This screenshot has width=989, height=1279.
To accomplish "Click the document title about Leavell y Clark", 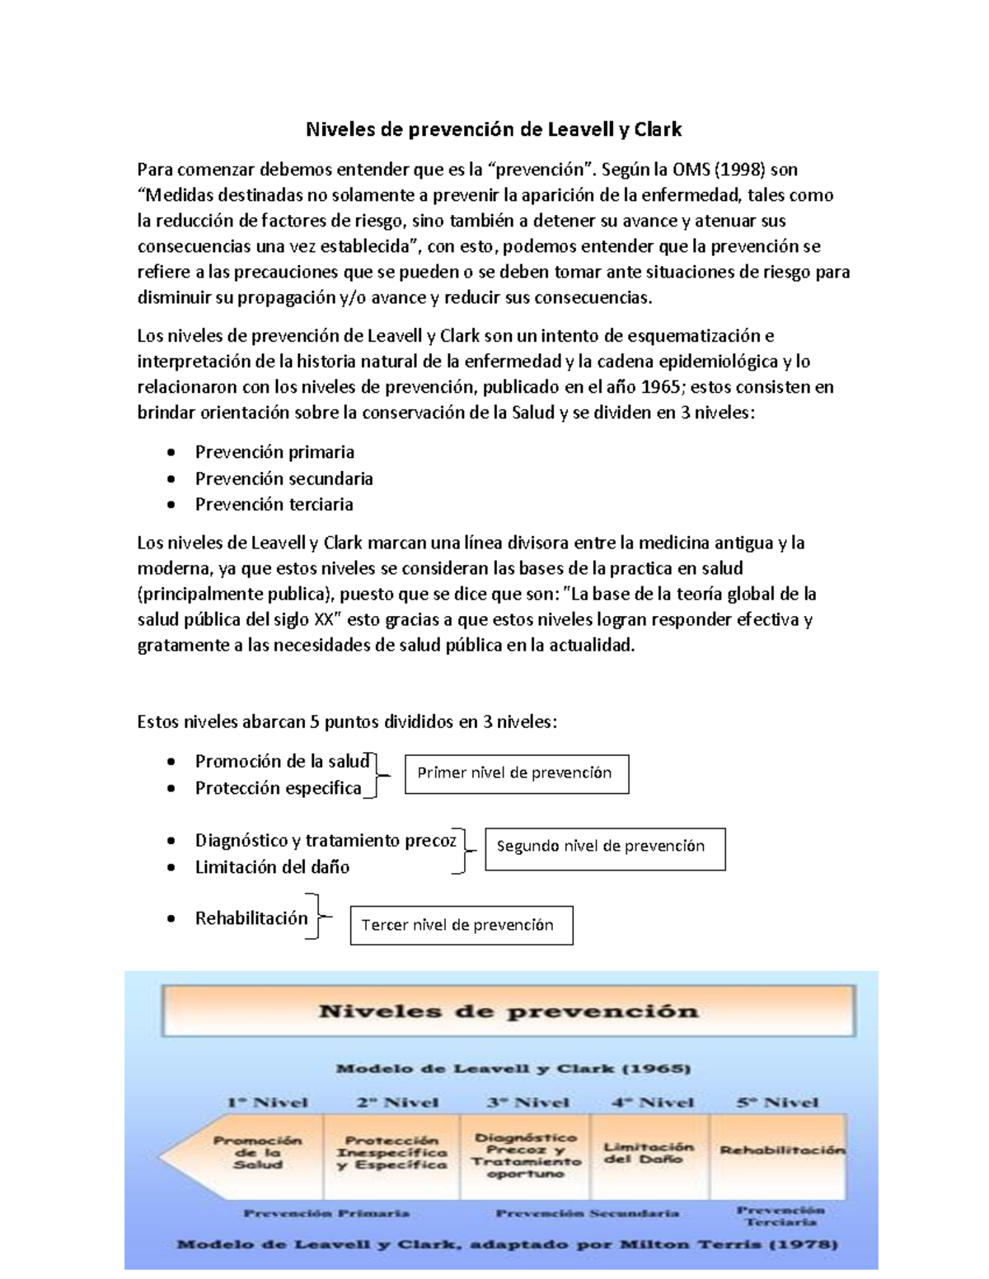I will click(x=494, y=129).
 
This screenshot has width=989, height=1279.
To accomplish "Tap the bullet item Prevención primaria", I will click(x=274, y=452).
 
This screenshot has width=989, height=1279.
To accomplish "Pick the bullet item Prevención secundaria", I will click(x=284, y=478).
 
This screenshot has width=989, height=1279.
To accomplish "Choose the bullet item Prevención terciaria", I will click(x=274, y=504).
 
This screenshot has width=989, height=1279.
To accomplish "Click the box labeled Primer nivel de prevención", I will click(x=516, y=773).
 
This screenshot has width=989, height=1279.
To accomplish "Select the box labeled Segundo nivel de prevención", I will click(x=604, y=847).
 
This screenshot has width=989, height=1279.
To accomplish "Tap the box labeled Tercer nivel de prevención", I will click(x=461, y=925).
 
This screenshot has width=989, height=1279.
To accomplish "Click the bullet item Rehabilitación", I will click(x=251, y=918).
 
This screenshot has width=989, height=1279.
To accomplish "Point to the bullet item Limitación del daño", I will click(x=272, y=867).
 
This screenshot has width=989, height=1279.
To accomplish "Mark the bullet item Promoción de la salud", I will click(x=282, y=762).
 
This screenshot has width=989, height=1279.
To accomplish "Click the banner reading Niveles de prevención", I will click(x=508, y=1011).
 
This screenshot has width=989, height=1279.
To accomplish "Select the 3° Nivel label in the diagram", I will click(x=527, y=1102).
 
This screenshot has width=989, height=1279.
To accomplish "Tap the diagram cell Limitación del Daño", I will click(x=649, y=1152).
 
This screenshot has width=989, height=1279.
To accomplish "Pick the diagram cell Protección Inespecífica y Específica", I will click(x=391, y=1152).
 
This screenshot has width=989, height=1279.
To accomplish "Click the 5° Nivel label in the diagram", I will click(x=777, y=1102).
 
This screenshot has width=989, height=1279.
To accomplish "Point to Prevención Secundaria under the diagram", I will click(x=587, y=1212).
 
